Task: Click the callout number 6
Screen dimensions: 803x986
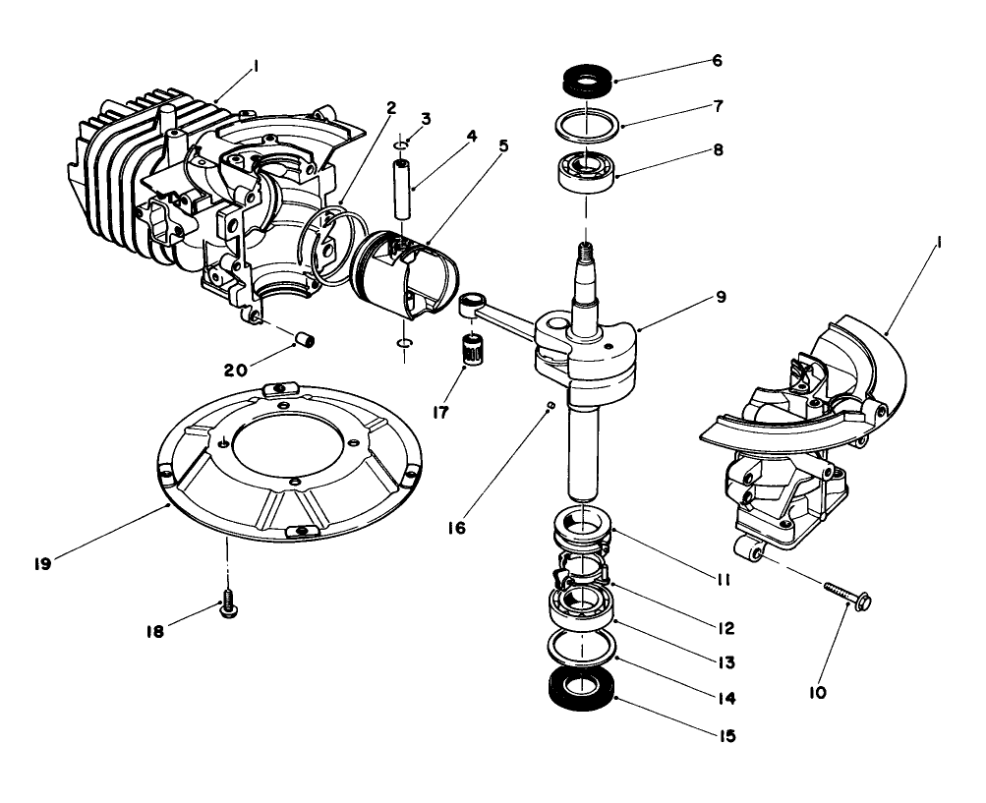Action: tap(717, 60)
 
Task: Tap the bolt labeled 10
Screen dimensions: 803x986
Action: tap(848, 595)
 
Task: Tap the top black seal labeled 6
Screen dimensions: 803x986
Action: tap(587, 78)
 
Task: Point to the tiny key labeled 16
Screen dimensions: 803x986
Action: tap(552, 404)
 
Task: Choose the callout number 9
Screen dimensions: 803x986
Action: tap(721, 296)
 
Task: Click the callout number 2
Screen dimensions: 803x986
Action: tap(390, 108)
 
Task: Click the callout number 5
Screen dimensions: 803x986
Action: tap(502, 145)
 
